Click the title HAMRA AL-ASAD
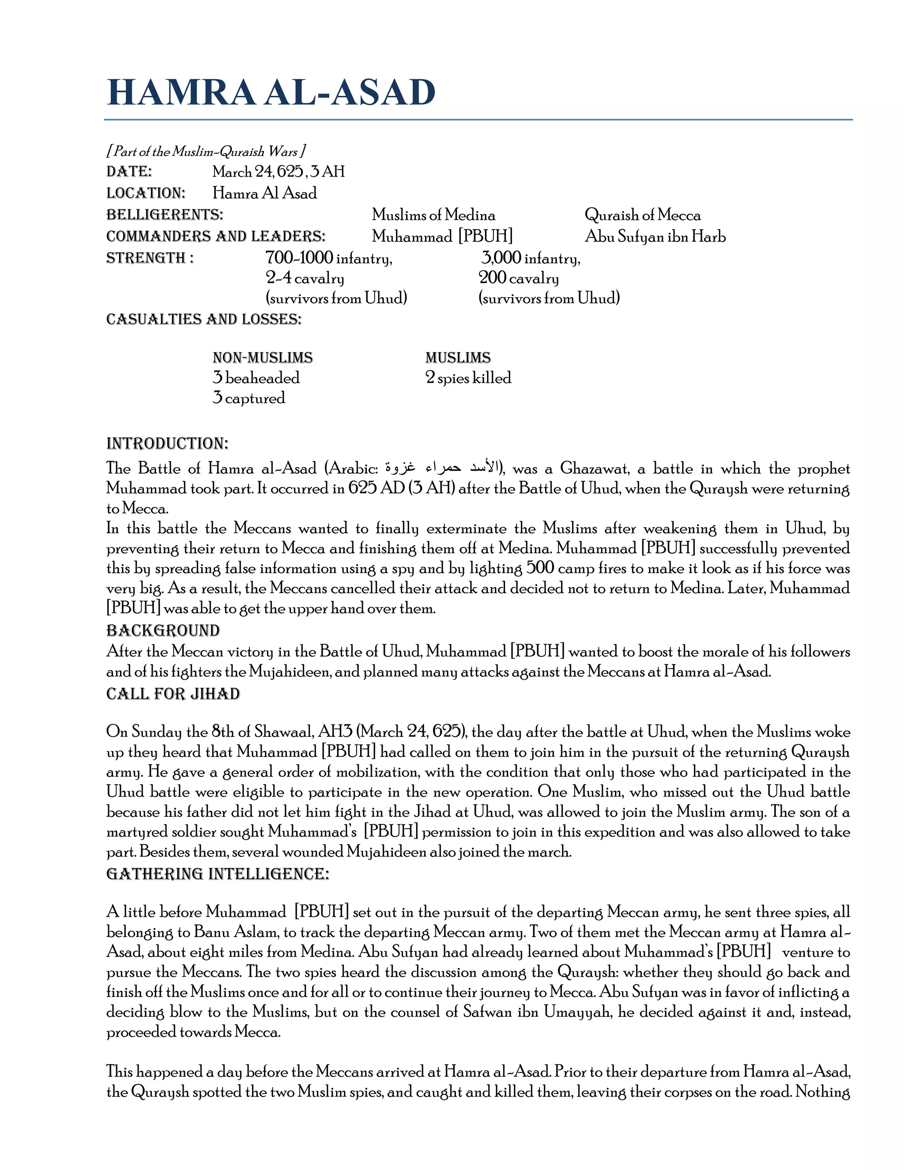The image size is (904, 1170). coord(271,92)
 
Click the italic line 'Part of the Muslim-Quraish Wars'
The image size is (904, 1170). coord(206,151)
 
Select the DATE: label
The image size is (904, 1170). coord(129,171)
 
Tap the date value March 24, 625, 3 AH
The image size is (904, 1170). coord(279,171)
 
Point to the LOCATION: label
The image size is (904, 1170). coord(146,193)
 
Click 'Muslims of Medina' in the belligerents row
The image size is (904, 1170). coord(433,215)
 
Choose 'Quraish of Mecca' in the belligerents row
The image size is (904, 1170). coord(642,215)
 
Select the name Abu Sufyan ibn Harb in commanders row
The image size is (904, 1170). coord(655,236)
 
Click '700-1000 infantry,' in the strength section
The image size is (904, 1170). coord(329,258)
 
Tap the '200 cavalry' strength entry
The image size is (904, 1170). coord(518,278)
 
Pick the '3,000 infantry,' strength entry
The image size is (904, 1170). coord(530,258)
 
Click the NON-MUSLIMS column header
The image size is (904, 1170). coord(263,357)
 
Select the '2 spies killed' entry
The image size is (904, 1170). coord(468,377)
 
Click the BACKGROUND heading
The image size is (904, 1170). coord(163,630)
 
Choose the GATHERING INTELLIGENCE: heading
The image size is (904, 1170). coord(218,874)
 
